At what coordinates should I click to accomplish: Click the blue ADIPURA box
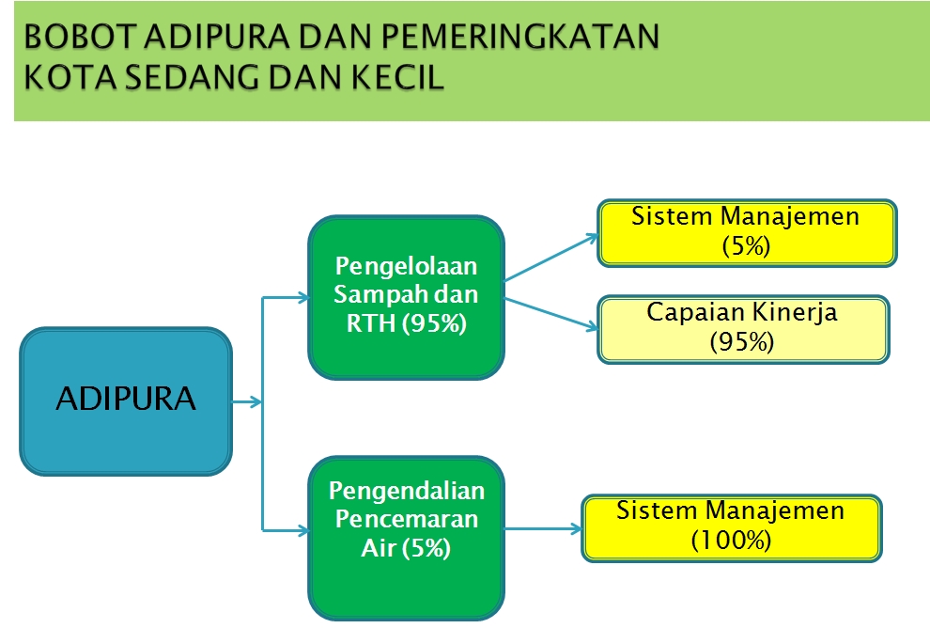pos(126,401)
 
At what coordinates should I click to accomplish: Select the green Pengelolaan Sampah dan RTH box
pos(406,297)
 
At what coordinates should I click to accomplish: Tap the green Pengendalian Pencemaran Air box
pos(406,538)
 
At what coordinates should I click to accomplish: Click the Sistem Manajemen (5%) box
pos(747,233)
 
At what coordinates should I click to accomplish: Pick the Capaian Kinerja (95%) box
pos(743,329)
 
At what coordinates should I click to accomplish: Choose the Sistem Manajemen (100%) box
pos(731,528)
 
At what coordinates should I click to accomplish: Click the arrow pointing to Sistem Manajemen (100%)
pos(543,529)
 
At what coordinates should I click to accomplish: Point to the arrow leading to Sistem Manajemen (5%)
pos(551,257)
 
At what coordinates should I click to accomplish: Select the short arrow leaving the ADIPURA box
pos(247,401)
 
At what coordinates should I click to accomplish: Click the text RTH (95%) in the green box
pos(406,323)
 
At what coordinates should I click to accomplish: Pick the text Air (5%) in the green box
pos(406,548)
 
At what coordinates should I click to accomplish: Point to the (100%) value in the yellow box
pos(731,541)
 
